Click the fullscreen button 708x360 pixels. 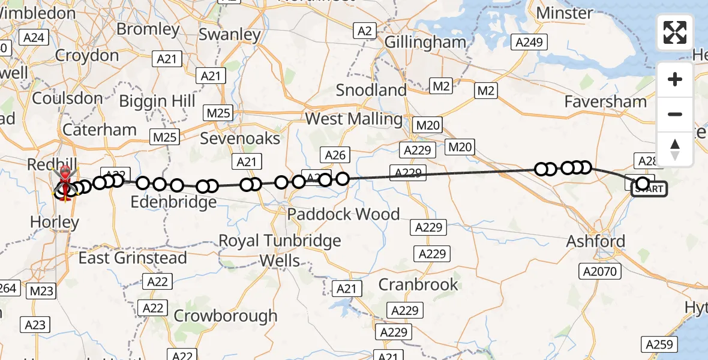[x=675, y=32]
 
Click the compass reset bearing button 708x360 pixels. [x=675, y=149]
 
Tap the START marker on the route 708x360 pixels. [x=649, y=189]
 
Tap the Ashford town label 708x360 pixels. [x=596, y=241]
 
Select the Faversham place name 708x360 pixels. [x=605, y=102]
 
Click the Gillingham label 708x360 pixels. [x=425, y=42]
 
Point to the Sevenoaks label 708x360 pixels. [x=240, y=139]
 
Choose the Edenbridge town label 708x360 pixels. [x=173, y=202]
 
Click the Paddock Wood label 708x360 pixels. [x=343, y=214]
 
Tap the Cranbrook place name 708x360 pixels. [x=418, y=284]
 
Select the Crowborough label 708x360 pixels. [x=226, y=316]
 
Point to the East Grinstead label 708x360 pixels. [x=133, y=258]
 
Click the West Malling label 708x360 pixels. [x=353, y=119]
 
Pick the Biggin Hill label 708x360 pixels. [x=157, y=101]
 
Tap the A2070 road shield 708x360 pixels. [x=599, y=272]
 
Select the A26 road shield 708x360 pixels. [x=335, y=155]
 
